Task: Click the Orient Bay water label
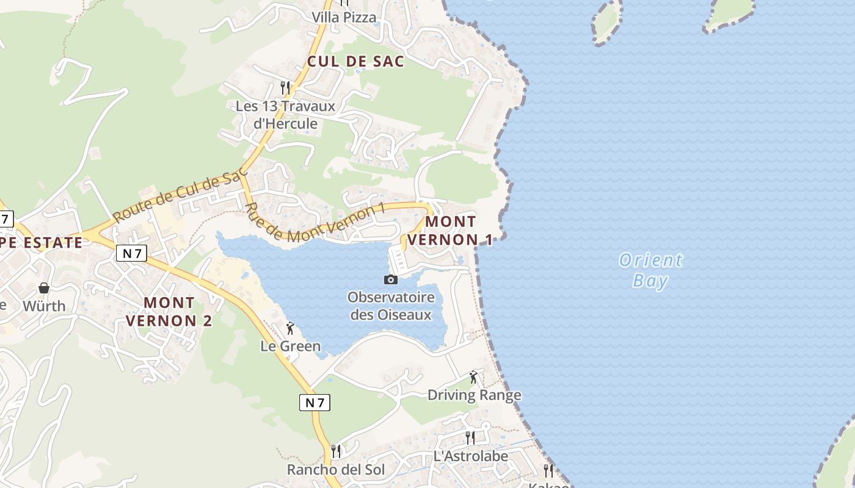click(x=650, y=270)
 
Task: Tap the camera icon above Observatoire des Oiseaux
click(x=391, y=279)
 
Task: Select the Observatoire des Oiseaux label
click(x=391, y=306)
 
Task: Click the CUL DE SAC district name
click(x=355, y=61)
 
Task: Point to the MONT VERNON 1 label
click(x=450, y=231)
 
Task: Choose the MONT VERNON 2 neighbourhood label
click(x=169, y=311)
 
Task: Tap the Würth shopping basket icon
click(x=44, y=287)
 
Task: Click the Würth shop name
click(x=44, y=306)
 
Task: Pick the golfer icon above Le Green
click(x=290, y=329)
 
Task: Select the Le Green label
click(x=291, y=346)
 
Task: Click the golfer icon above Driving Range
click(x=473, y=377)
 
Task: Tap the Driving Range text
click(x=475, y=395)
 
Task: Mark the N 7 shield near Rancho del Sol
click(x=315, y=403)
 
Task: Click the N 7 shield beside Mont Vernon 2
click(x=132, y=253)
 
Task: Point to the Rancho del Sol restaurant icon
click(x=336, y=451)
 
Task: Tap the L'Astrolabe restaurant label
click(x=470, y=456)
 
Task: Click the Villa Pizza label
click(x=344, y=18)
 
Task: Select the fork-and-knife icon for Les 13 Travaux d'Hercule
click(x=285, y=88)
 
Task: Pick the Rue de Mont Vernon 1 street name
click(x=315, y=222)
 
